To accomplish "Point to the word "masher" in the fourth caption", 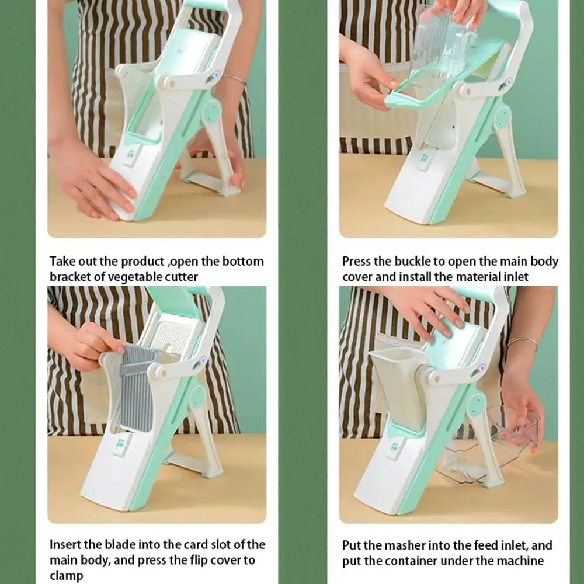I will coord(408,545).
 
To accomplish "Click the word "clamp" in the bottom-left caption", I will coord(66,575).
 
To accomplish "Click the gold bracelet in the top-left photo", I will coord(234,79).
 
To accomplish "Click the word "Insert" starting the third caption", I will coord(65,545).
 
